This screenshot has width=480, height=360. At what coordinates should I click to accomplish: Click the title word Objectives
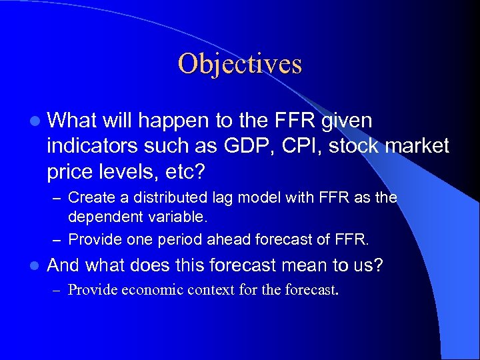click(x=240, y=64)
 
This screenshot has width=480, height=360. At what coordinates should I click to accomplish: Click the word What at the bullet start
click(x=72, y=121)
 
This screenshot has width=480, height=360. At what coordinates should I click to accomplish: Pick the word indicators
click(x=93, y=146)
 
